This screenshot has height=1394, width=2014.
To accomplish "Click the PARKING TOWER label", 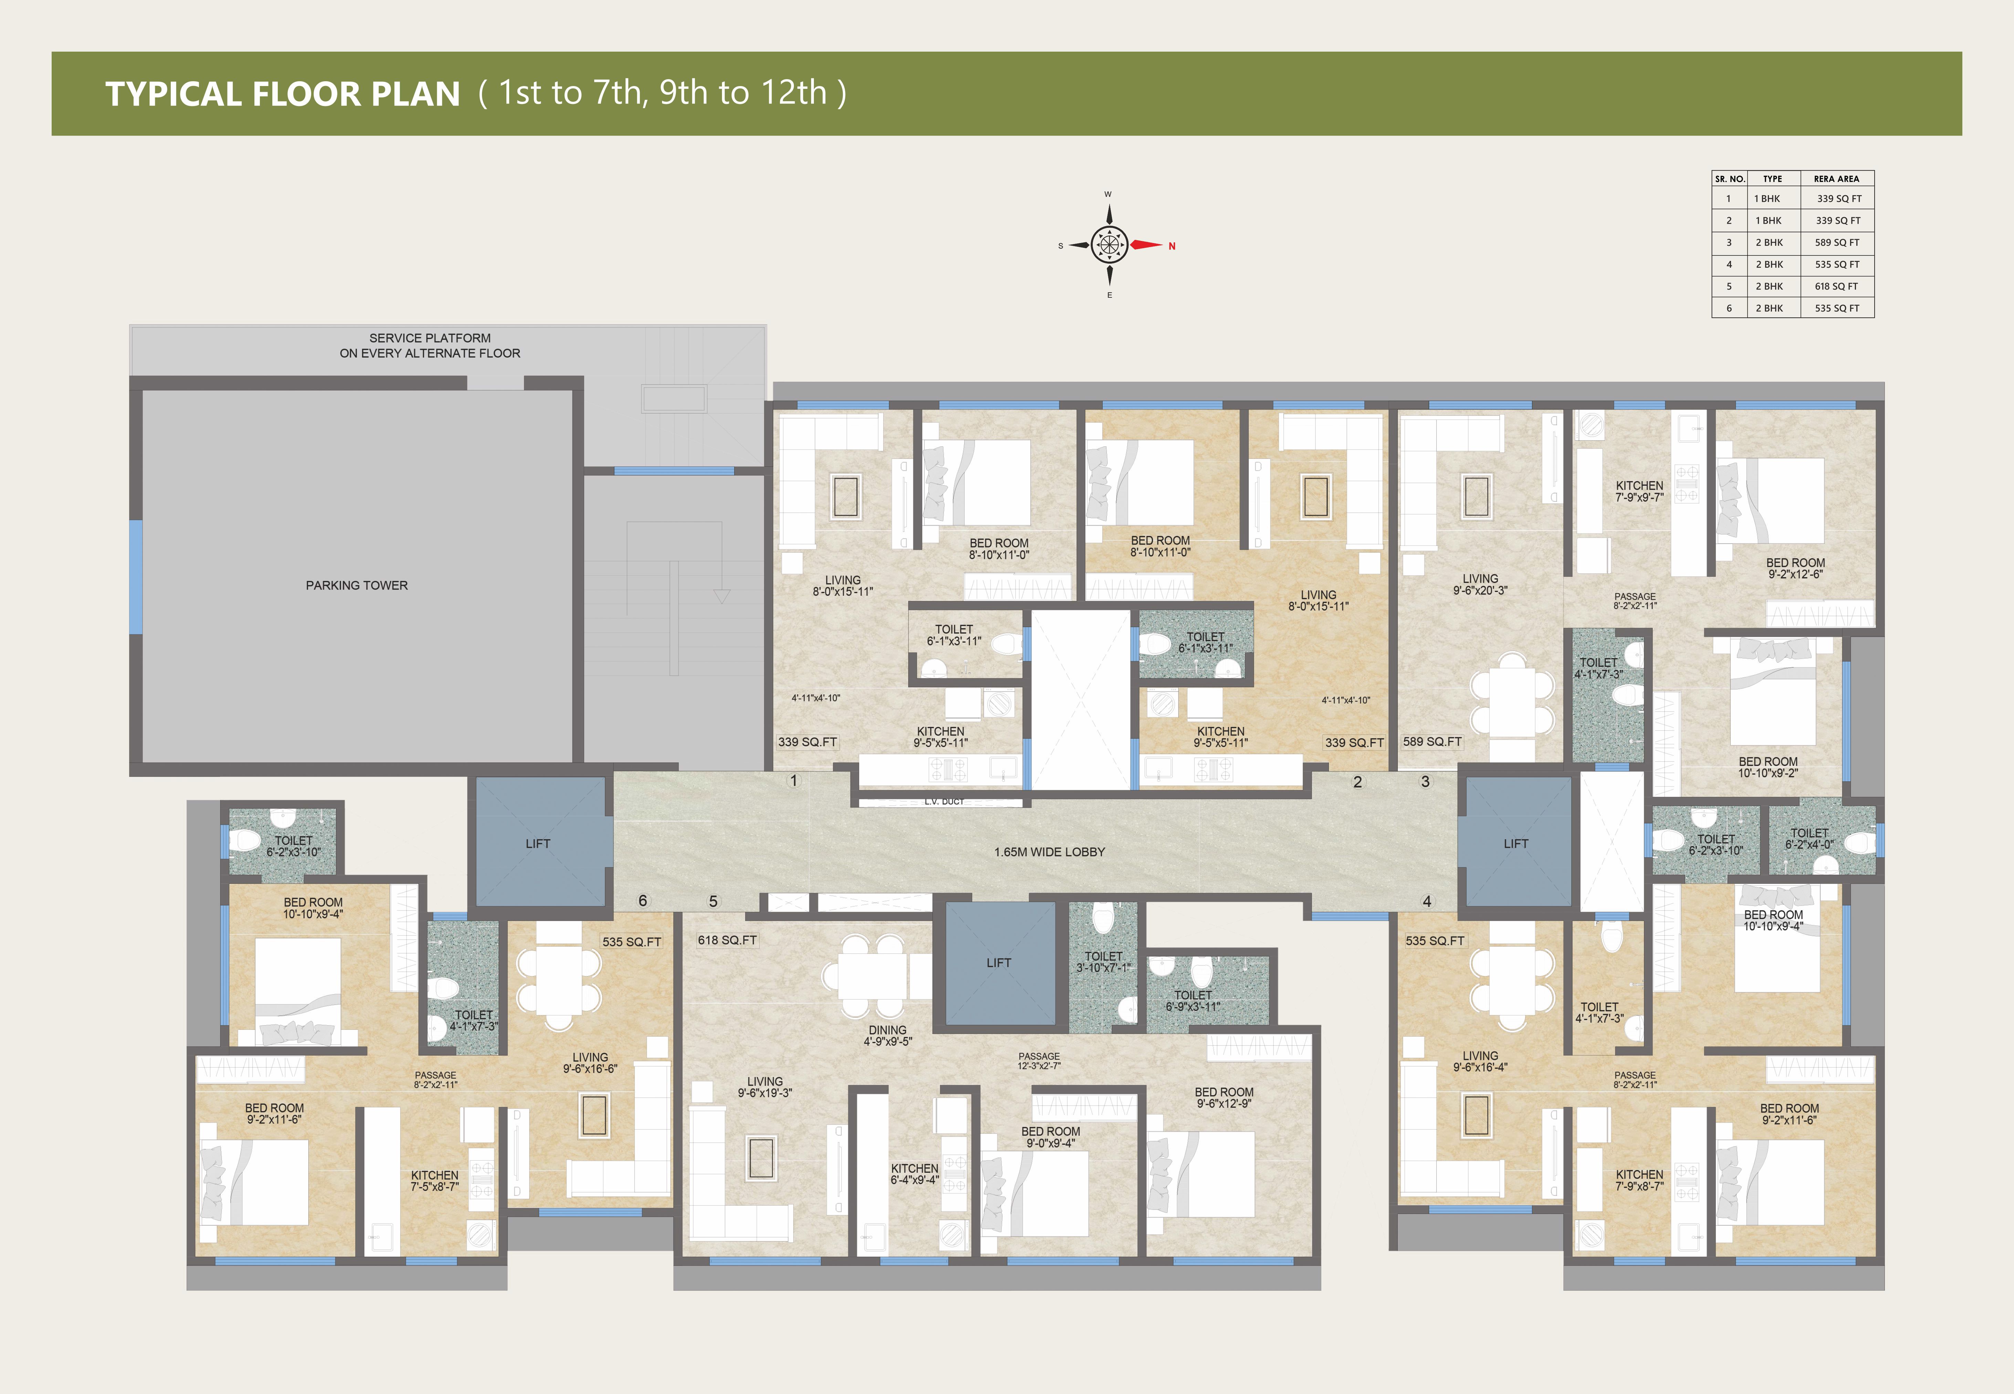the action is pyautogui.click(x=356, y=585).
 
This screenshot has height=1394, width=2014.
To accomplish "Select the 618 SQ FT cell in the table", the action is pyautogui.click(x=1837, y=286).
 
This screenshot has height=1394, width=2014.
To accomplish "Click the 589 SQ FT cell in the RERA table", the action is pyautogui.click(x=1837, y=243).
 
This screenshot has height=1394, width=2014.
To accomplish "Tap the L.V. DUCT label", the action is pyautogui.click(x=944, y=801).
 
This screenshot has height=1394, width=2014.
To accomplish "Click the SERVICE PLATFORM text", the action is pyautogui.click(x=430, y=338).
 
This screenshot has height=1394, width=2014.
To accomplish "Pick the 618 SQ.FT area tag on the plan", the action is pyautogui.click(x=727, y=940).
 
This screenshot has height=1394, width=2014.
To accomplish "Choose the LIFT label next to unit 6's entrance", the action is pyautogui.click(x=538, y=844).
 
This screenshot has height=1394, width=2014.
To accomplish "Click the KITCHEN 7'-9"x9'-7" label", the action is pyautogui.click(x=1639, y=492).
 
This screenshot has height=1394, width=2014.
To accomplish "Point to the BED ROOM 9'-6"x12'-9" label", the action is pyautogui.click(x=1224, y=1098).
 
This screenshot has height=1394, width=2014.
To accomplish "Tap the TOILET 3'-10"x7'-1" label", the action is pyautogui.click(x=1103, y=962).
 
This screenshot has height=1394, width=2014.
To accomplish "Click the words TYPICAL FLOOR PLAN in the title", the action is pyautogui.click(x=283, y=94).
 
